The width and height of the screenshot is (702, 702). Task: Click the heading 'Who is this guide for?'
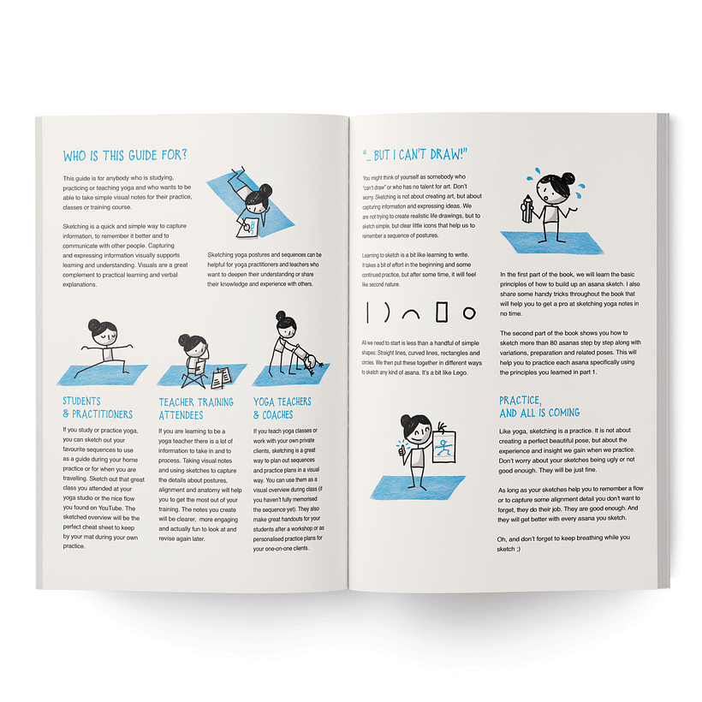tap(125, 156)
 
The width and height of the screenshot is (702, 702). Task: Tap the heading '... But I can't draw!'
tap(419, 155)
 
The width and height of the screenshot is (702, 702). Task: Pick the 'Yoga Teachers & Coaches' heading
tap(283, 408)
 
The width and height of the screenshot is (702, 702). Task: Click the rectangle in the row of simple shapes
tap(442, 312)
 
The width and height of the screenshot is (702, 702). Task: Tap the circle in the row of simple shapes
tap(468, 313)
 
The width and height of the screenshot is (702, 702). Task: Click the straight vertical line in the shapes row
tap(366, 312)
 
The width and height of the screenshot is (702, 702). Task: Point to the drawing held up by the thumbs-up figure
tap(445, 445)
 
